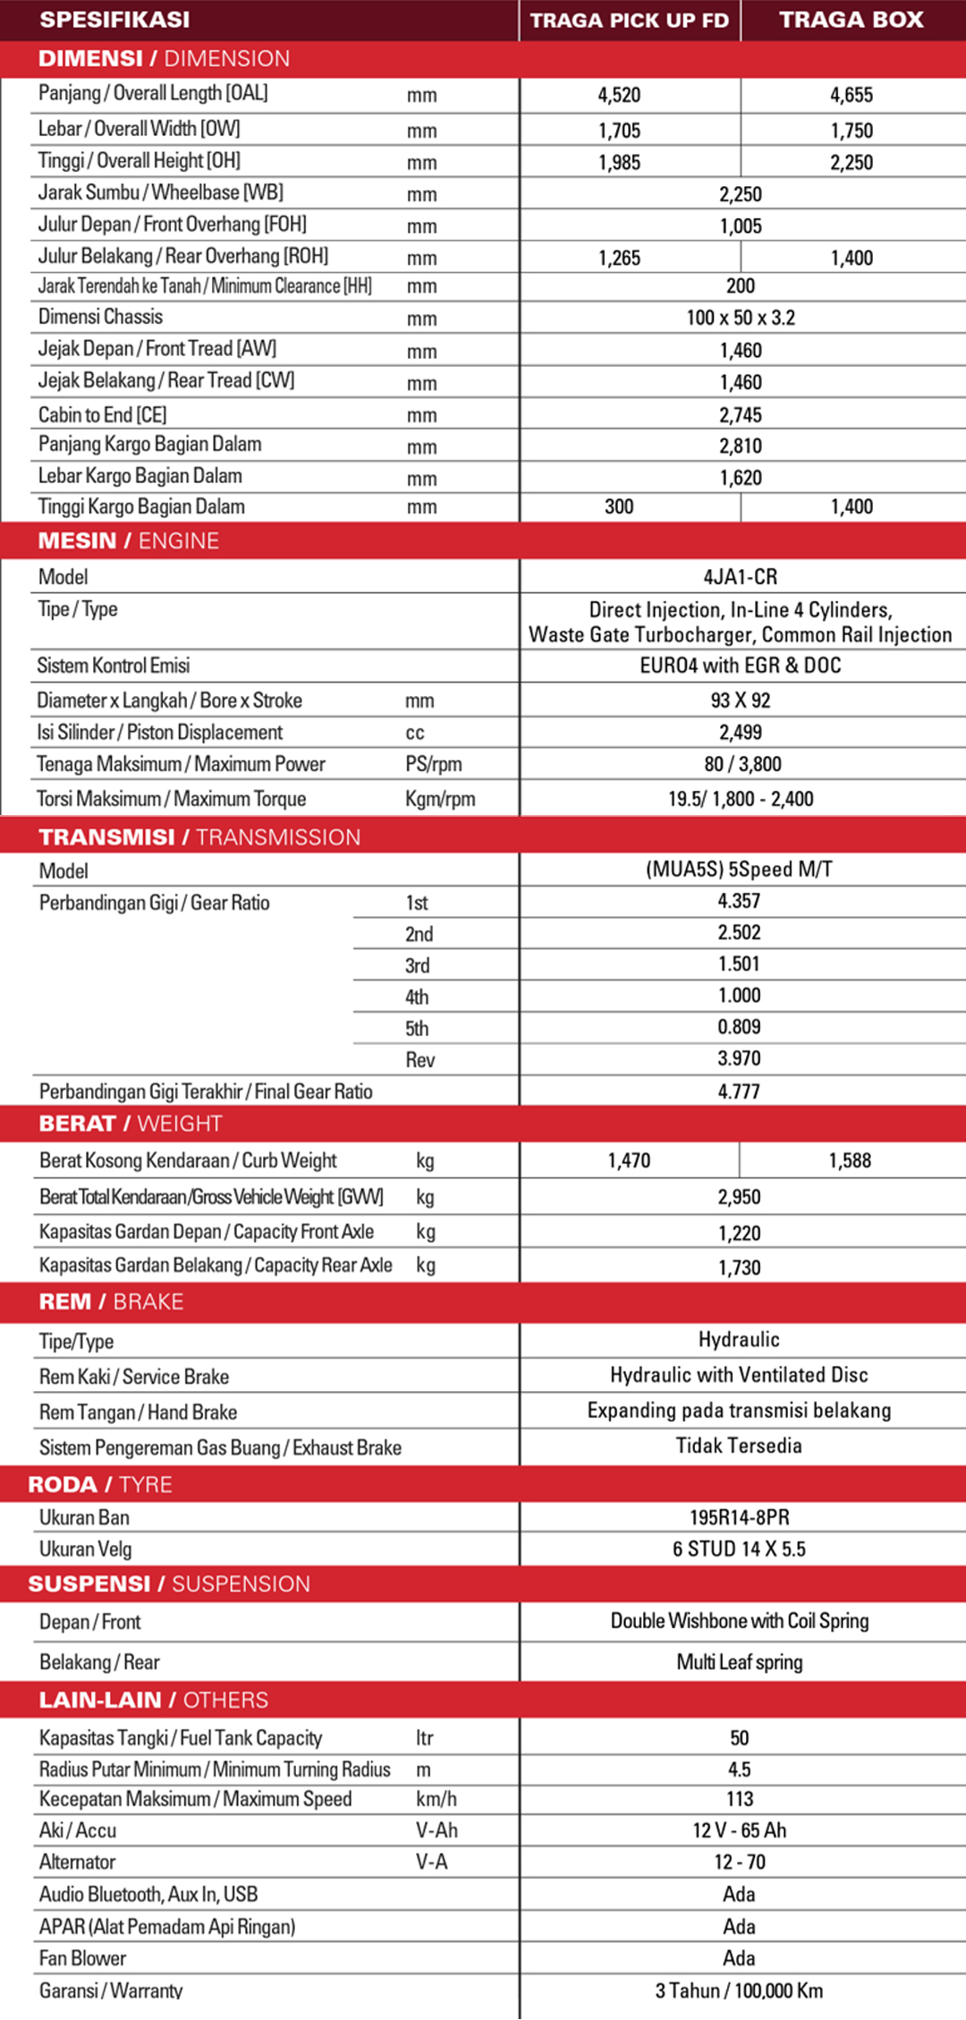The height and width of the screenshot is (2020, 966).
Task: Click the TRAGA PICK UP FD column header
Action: pyautogui.click(x=629, y=21)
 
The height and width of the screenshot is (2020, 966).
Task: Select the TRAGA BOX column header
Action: pyautogui.click(x=851, y=20)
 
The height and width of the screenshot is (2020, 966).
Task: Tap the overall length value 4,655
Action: pyautogui.click(x=851, y=95)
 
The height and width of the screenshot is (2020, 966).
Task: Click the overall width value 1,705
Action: pyautogui.click(x=619, y=131)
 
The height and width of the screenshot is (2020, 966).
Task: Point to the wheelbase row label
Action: pyautogui.click(x=160, y=192)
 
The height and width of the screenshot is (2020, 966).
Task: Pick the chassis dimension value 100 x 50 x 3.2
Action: pyautogui.click(x=741, y=318)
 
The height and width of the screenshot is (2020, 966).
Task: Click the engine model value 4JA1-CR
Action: pyautogui.click(x=741, y=577)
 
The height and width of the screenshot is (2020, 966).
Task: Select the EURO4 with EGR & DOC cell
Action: pyautogui.click(x=741, y=666)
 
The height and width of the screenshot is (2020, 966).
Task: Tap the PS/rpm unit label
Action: pyautogui.click(x=434, y=764)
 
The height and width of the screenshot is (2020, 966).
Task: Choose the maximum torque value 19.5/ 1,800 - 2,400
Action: pyautogui.click(x=741, y=799)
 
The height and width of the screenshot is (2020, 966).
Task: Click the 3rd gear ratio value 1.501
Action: pyautogui.click(x=739, y=964)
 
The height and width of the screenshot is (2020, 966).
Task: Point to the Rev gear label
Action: pyautogui.click(x=419, y=1060)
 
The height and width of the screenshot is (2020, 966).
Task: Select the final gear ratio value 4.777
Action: pyautogui.click(x=739, y=1091)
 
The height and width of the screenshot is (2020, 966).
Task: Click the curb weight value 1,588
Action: pyautogui.click(x=850, y=1161)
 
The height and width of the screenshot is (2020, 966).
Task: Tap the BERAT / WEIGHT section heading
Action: pyautogui.click(x=131, y=1124)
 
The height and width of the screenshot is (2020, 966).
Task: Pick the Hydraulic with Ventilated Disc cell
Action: pyautogui.click(x=739, y=1375)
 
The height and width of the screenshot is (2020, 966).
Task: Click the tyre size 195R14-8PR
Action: pyautogui.click(x=739, y=1517)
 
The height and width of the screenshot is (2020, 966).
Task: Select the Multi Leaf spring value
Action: pyautogui.click(x=739, y=1662)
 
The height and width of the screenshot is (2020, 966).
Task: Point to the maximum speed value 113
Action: pyautogui.click(x=739, y=1799)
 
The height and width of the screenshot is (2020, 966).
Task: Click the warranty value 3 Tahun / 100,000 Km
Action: pyautogui.click(x=739, y=1990)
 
